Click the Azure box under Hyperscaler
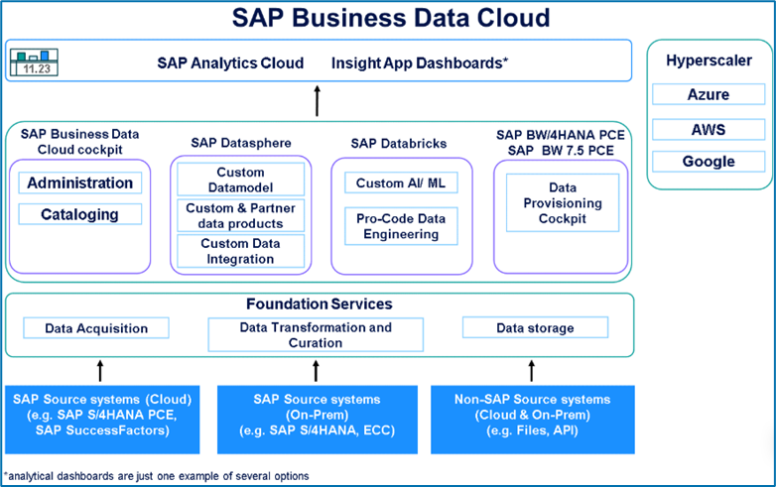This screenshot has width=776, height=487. click(708, 95)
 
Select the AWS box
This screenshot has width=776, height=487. click(708, 129)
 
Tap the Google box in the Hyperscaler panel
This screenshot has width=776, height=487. click(708, 162)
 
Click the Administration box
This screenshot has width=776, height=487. click(80, 183)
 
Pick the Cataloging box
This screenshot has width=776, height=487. click(80, 214)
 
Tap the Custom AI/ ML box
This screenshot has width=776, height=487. click(394, 183)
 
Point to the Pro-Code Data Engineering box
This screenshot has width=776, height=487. click(394, 226)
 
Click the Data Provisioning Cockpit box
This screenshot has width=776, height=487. click(562, 202)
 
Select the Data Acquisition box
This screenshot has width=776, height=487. click(97, 328)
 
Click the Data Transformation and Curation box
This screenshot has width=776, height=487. click(316, 334)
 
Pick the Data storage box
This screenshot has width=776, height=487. click(534, 328)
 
